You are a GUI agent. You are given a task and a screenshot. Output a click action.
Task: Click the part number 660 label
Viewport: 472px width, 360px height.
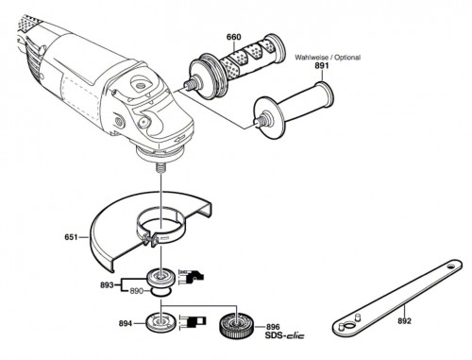[234, 37]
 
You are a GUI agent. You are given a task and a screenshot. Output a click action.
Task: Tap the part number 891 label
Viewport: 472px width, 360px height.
[322, 66]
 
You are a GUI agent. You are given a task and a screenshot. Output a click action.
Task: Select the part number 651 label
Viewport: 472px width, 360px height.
[71, 237]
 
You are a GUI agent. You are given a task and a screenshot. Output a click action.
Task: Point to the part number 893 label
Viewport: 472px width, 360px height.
[107, 285]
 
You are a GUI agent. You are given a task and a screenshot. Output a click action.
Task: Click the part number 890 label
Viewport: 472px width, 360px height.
[137, 291]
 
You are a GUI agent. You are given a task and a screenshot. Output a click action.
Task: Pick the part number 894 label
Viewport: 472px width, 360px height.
[126, 323]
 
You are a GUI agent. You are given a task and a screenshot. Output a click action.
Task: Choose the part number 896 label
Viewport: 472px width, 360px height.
[273, 327]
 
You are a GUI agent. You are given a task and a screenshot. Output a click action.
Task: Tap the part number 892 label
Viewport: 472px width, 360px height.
[404, 321]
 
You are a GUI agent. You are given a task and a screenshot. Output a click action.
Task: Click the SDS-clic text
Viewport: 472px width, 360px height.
[284, 335]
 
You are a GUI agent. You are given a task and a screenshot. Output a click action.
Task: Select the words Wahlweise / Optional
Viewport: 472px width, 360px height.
[328, 58]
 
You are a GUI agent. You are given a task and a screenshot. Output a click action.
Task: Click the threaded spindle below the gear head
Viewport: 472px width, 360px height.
[160, 167]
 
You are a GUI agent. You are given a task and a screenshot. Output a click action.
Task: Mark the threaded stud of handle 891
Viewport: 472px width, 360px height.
[260, 121]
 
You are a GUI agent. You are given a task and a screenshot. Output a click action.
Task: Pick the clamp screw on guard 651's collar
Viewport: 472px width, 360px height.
[150, 239]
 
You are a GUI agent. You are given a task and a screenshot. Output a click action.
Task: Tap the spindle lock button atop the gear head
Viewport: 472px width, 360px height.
[140, 84]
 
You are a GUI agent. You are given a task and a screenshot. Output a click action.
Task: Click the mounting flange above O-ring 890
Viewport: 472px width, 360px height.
[161, 278]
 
